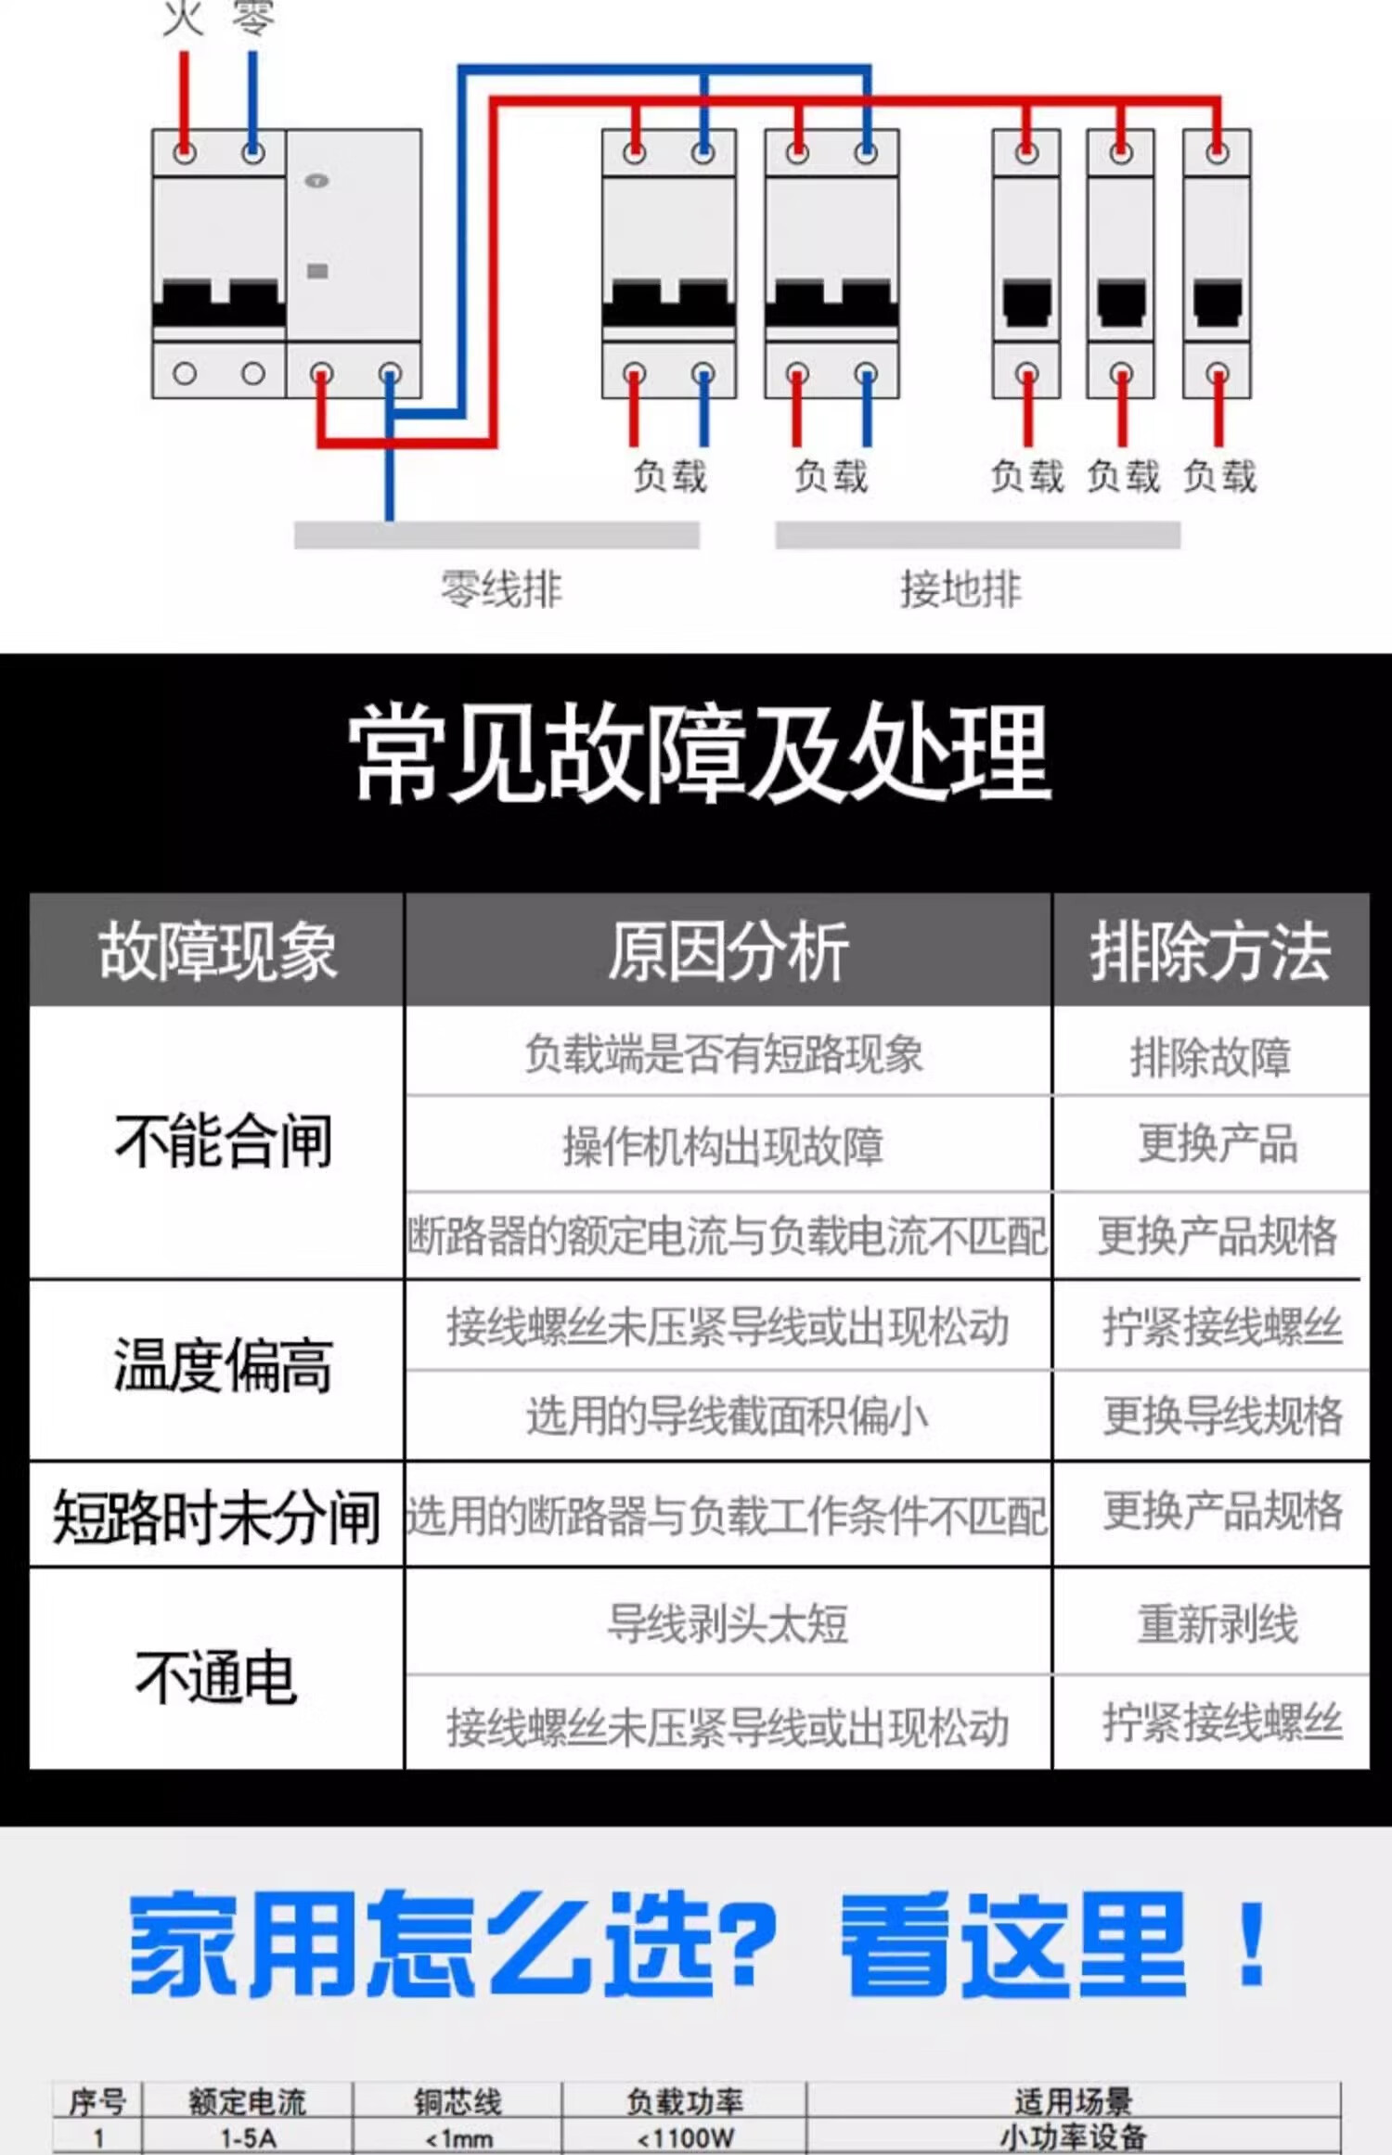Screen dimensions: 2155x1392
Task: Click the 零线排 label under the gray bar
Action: [x=501, y=589]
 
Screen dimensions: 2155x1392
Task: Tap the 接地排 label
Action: [x=960, y=589]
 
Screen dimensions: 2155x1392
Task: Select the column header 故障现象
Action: [x=217, y=951]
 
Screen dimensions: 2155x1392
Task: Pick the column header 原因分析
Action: [x=728, y=951]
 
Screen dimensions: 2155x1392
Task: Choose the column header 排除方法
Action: [x=1210, y=951]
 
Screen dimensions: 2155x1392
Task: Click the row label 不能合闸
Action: [x=223, y=1141]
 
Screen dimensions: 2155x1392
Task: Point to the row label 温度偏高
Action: [x=223, y=1366]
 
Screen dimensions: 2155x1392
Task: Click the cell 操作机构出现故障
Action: [x=723, y=1146]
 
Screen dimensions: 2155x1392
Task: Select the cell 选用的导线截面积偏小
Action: [x=728, y=1416]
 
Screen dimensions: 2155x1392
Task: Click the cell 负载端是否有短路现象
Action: [x=724, y=1054]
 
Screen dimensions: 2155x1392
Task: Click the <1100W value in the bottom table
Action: [x=685, y=2138]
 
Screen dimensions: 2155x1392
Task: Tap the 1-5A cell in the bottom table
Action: [x=248, y=2138]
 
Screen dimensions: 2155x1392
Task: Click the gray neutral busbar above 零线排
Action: [x=496, y=536]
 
